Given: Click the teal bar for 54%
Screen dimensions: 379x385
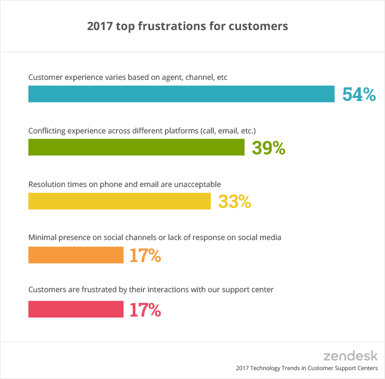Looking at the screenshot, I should click(x=181, y=94).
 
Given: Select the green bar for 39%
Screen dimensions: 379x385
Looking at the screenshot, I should click(x=136, y=147).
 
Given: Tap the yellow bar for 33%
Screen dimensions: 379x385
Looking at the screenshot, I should click(x=119, y=201).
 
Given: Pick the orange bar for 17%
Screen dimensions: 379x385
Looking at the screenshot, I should click(x=75, y=255).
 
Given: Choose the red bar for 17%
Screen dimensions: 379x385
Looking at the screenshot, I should click(x=75, y=309).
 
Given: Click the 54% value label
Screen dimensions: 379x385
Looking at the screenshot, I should click(x=359, y=94).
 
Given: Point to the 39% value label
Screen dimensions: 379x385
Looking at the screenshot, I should click(x=268, y=148).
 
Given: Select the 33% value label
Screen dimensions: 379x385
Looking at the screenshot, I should click(x=234, y=202).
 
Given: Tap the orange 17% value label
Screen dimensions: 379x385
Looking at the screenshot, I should click(x=145, y=255).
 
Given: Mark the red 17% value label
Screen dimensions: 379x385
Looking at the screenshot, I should click(x=145, y=309).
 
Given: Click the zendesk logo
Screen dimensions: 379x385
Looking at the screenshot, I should click(x=350, y=355).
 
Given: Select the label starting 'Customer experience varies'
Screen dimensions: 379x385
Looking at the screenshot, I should click(x=128, y=77).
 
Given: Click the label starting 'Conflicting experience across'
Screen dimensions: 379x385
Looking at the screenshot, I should click(x=142, y=131).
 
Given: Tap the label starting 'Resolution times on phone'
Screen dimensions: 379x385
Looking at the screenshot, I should click(x=124, y=184).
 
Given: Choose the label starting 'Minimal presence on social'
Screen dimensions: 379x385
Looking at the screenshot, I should click(x=155, y=238).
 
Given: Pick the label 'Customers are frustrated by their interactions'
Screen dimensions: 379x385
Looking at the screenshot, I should click(x=151, y=290).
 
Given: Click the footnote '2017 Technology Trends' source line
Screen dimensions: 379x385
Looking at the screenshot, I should click(x=307, y=368).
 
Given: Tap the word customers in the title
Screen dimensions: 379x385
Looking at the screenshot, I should click(x=258, y=26).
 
